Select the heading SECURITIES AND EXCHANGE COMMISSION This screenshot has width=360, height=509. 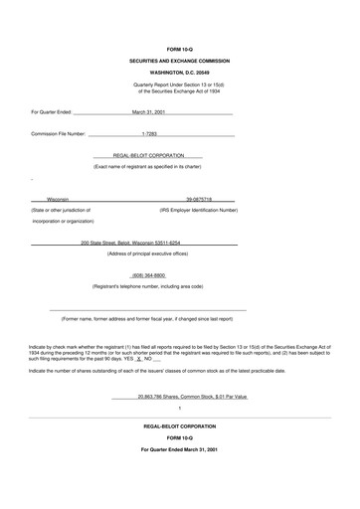click(179, 61)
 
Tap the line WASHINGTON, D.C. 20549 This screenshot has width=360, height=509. click(179, 73)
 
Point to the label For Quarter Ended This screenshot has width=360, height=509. click(51, 112)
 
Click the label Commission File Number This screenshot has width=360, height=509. click(59, 132)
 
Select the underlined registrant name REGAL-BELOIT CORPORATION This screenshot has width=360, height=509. click(161, 155)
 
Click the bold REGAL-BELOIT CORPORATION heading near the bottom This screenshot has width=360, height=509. click(179, 425)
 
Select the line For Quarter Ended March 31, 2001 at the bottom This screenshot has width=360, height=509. click(179, 450)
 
